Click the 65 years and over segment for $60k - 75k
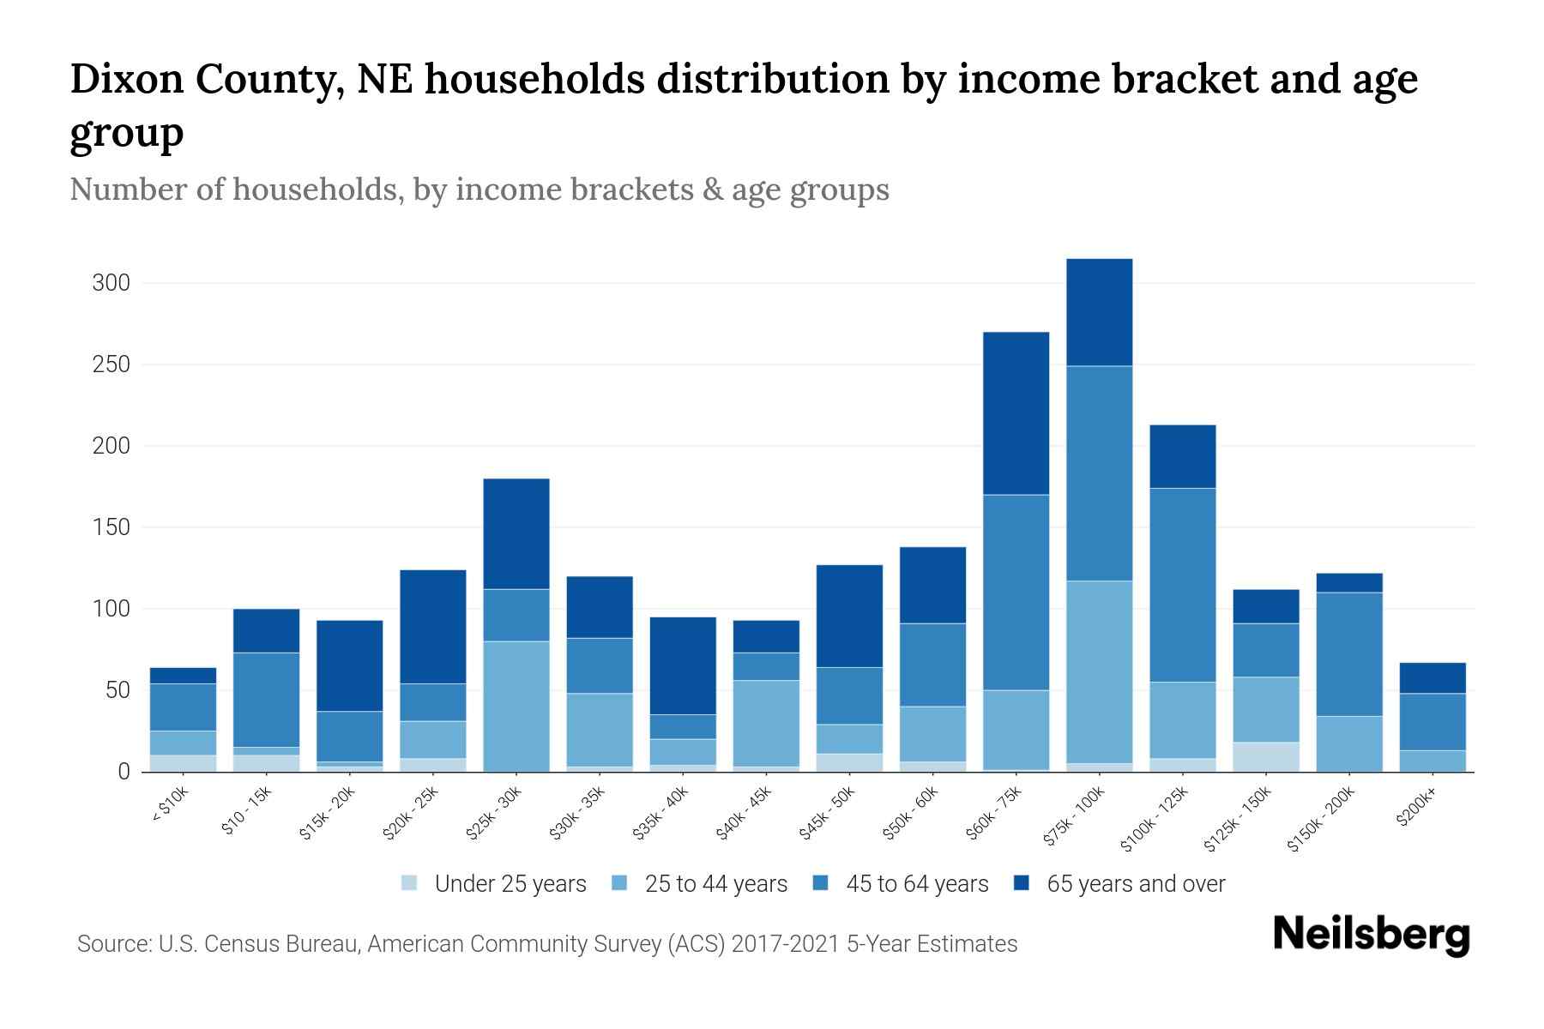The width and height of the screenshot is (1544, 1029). [x=1016, y=413]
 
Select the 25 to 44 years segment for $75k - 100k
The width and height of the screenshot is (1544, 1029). [x=1099, y=671]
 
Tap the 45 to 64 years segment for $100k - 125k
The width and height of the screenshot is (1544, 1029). [x=1182, y=585]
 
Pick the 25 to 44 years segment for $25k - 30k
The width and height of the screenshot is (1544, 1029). [x=516, y=706]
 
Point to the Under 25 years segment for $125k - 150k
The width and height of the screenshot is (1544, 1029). [x=1265, y=756]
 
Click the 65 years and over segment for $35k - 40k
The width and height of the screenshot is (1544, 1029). [x=682, y=665]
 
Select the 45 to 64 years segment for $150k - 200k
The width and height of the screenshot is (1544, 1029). [x=1348, y=653]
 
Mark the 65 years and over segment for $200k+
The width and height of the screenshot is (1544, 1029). [x=1432, y=677]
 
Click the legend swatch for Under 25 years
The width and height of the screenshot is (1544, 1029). [x=410, y=882]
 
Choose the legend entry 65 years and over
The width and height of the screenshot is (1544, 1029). [x=1135, y=884]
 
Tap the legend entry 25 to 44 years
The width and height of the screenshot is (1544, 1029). [x=715, y=884]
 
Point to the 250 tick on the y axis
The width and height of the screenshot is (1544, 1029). [x=111, y=364]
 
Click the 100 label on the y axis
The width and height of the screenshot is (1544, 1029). [x=111, y=609]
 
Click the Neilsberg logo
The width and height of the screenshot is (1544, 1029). [x=1371, y=935]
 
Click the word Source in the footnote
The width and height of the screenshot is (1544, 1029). [x=113, y=944]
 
